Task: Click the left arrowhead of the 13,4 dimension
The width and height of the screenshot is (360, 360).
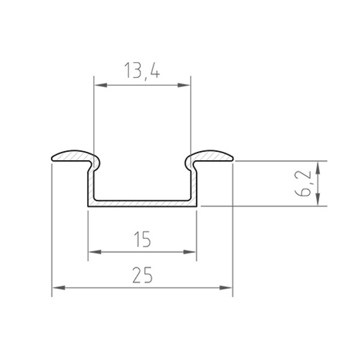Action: pyautogui.click(x=100, y=87)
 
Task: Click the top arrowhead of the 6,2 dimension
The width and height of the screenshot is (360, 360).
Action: pyautogui.click(x=319, y=166)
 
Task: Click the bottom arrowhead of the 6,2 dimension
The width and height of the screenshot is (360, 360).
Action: pyautogui.click(x=319, y=202)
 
